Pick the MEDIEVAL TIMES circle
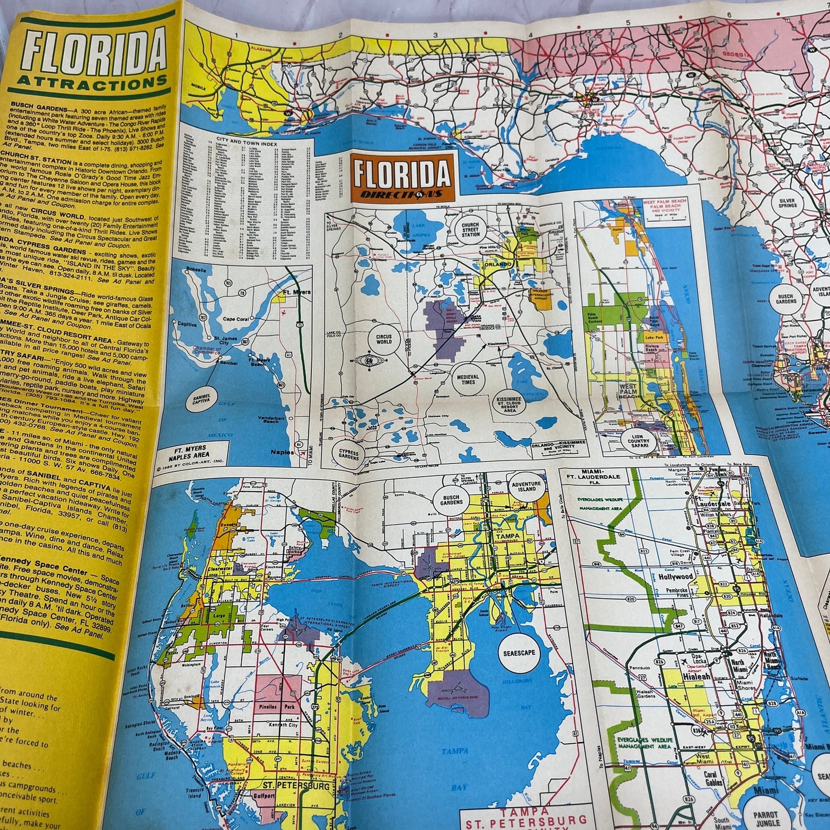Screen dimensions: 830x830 468,379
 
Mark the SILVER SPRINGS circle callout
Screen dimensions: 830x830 787,205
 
